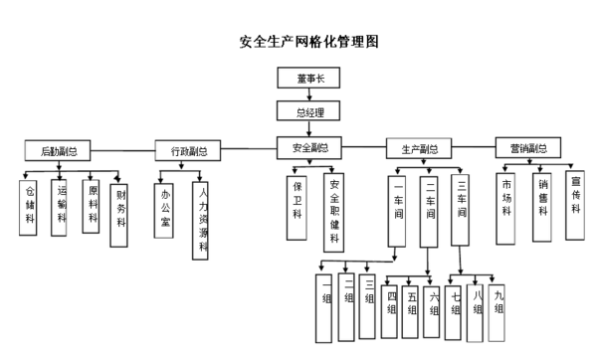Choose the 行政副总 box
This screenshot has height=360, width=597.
[188, 151]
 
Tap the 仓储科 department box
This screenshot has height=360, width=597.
[30, 206]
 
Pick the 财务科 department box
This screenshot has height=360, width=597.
[121, 205]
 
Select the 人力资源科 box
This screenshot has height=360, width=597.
[203, 218]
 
